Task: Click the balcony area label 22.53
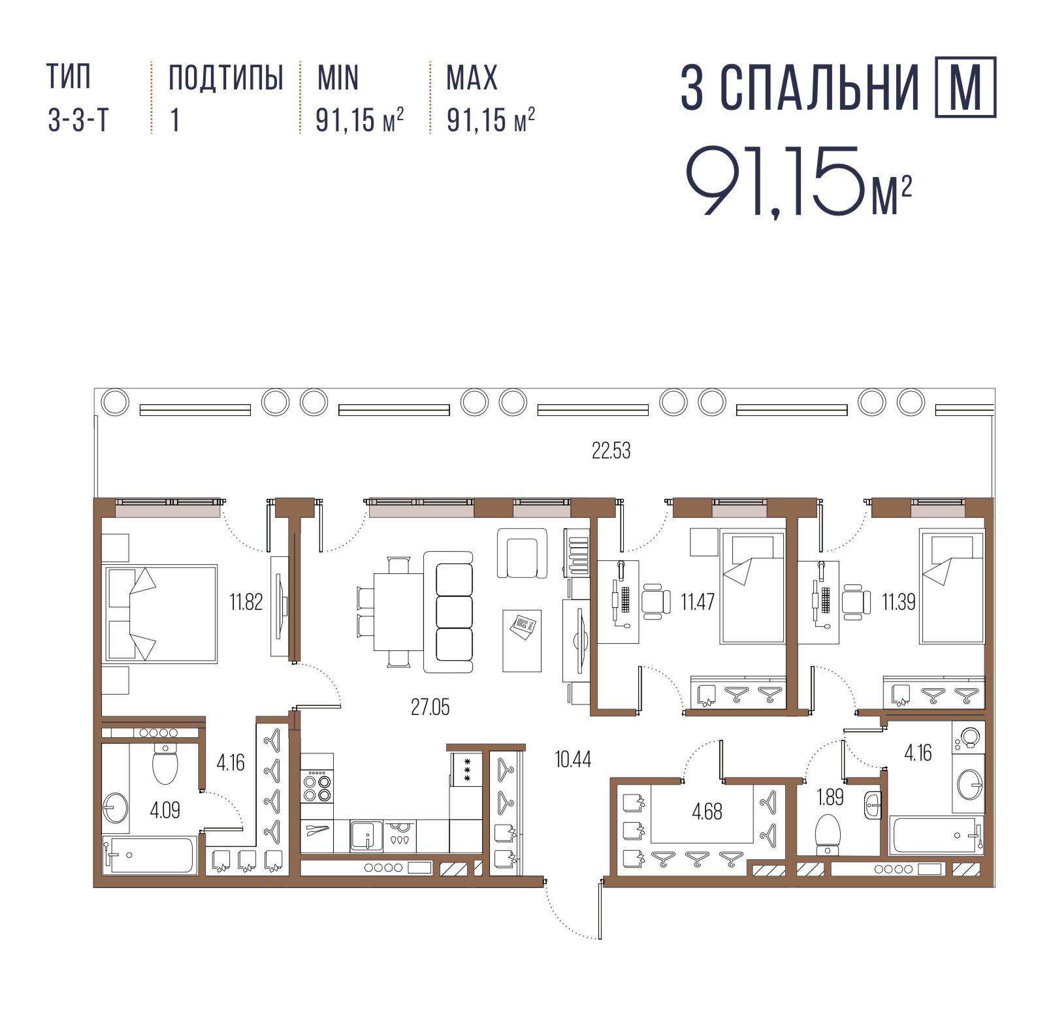point(611,451)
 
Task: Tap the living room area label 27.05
point(430,707)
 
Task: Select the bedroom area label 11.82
point(246,601)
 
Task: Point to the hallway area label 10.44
point(573,759)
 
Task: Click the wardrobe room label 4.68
point(707,812)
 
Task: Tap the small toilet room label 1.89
point(830,797)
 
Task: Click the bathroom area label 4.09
point(165,810)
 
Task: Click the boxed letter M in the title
point(965,87)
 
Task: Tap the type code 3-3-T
point(78,120)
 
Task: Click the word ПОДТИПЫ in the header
point(226,78)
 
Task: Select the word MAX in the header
point(472,78)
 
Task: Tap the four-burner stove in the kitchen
point(317,786)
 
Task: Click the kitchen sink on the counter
point(366,836)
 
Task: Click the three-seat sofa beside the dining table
point(448,612)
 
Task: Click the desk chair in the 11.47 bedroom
point(656,601)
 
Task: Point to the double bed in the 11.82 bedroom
point(160,614)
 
